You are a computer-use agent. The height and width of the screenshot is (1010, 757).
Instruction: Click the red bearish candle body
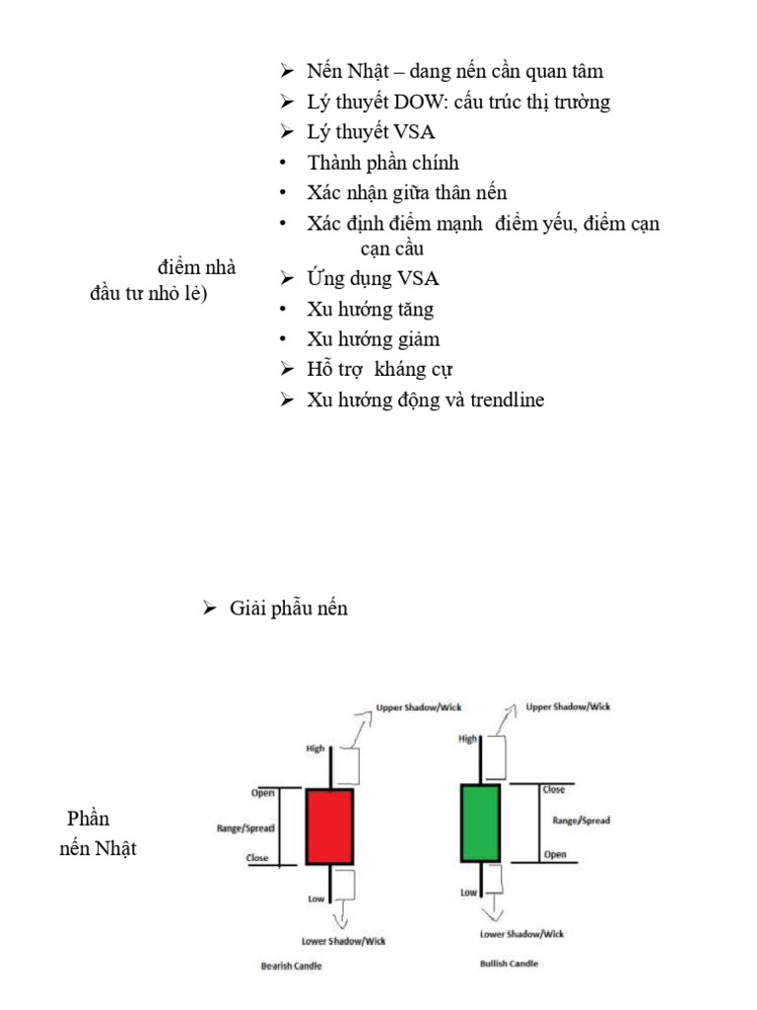[x=329, y=827]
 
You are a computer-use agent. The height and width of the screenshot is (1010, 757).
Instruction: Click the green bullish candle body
[x=480, y=822]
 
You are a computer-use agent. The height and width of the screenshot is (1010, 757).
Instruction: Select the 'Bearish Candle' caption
[x=291, y=966]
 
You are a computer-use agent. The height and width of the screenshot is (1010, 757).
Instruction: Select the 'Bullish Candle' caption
[x=509, y=963]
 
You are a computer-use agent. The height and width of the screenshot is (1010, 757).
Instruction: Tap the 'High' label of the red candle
[x=315, y=749]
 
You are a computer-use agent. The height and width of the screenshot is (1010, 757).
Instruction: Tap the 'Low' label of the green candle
[x=469, y=892]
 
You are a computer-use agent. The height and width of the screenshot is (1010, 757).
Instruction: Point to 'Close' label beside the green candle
[x=554, y=789]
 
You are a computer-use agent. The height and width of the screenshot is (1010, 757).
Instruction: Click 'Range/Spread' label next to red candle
[x=245, y=829]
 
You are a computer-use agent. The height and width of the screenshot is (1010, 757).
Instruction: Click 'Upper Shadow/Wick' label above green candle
[x=568, y=706]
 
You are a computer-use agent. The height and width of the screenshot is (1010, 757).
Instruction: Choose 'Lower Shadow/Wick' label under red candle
[x=344, y=940]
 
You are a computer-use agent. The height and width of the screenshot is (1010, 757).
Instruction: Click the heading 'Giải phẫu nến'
[x=289, y=609]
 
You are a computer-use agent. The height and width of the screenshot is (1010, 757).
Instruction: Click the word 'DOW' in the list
[x=420, y=102]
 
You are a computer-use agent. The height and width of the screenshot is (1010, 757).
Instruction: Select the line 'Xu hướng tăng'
[x=370, y=310]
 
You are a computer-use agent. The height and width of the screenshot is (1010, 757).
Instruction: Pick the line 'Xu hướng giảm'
[x=373, y=339]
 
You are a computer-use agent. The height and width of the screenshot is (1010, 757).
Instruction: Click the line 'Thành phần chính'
[x=382, y=163]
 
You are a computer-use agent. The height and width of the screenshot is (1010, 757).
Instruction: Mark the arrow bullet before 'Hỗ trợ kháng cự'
[x=287, y=370]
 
